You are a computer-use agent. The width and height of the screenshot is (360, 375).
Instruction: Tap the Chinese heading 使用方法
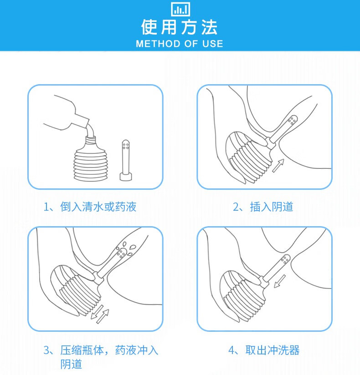tap(180, 27)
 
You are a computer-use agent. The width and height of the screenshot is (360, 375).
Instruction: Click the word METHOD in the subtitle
tap(157, 44)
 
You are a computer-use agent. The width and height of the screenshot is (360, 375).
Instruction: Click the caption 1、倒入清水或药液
tap(90, 207)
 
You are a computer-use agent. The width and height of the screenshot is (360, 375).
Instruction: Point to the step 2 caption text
tap(263, 207)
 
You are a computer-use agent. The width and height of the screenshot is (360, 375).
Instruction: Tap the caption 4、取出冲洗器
tap(264, 350)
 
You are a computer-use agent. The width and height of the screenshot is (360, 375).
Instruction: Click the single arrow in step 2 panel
tap(278, 165)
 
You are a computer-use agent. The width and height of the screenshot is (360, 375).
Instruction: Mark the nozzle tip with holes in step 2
tap(292, 121)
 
